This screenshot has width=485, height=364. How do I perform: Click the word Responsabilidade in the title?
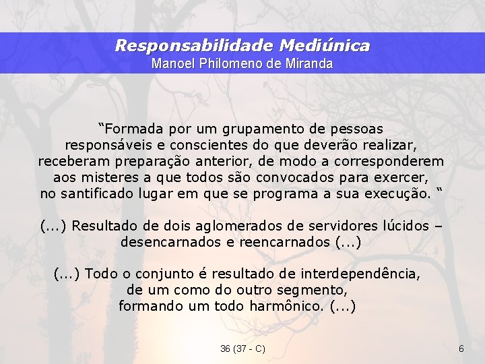click(193, 46)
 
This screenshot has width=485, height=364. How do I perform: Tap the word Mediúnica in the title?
click(324, 46)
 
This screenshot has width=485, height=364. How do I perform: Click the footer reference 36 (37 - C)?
click(243, 348)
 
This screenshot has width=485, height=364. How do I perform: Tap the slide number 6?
click(461, 348)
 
